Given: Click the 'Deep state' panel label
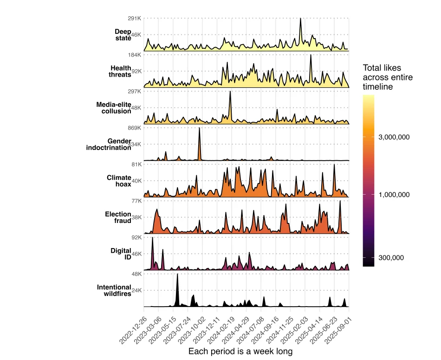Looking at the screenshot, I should click(123, 35).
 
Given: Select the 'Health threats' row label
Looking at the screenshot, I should click(121, 71).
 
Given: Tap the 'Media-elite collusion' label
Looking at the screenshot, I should click(114, 108).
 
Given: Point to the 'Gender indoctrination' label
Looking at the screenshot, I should click(109, 144).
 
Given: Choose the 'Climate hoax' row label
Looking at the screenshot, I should click(119, 181).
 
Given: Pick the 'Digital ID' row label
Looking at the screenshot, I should click(121, 254).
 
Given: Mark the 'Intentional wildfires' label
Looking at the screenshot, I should click(114, 290).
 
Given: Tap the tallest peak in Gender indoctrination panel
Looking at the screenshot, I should click(200, 128).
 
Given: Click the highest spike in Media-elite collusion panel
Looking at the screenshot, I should click(230, 92).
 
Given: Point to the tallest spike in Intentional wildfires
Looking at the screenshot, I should click(177, 275).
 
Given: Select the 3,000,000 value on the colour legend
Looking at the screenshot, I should click(394, 137).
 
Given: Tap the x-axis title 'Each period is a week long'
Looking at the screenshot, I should click(240, 352).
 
